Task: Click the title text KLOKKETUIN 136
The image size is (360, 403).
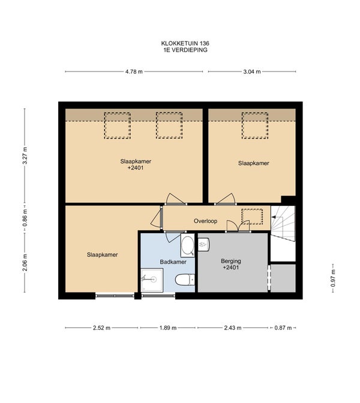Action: [185, 43]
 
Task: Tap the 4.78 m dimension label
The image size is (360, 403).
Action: [134, 71]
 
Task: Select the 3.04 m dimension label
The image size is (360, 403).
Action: [252, 71]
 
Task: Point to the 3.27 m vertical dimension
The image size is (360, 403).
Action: [25, 156]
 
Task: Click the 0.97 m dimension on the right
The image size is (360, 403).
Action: [333, 278]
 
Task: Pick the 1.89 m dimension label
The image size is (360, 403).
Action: [168, 328]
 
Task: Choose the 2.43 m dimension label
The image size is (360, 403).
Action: [233, 328]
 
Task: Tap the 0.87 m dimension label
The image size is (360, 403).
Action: [283, 328]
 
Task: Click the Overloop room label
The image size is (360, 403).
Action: [205, 221]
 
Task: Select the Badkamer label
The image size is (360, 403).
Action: [173, 262]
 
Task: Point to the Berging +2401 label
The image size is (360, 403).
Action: [231, 264]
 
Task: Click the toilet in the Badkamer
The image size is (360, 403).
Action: [185, 280]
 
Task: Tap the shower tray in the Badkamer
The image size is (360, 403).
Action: [152, 280]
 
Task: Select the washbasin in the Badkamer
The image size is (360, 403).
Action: [187, 246]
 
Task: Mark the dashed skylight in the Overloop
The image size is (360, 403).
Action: [252, 217]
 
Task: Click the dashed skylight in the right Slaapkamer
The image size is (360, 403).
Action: [255, 126]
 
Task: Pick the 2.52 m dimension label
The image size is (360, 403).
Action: [101, 328]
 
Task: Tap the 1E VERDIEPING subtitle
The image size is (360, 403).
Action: [185, 50]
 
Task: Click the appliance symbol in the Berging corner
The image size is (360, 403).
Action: [203, 244]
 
